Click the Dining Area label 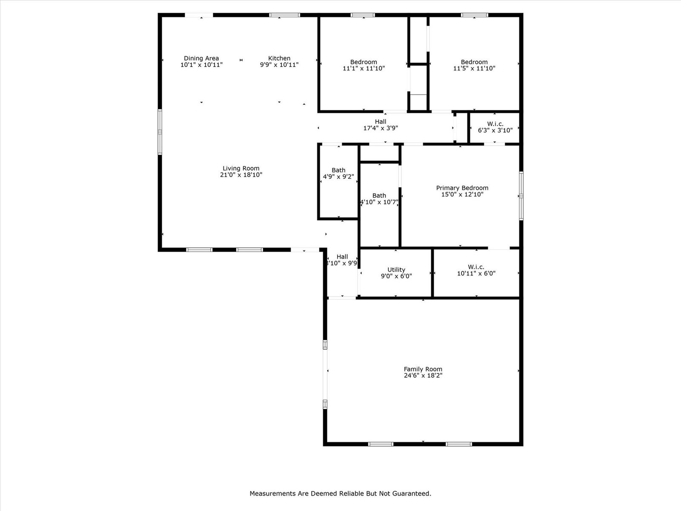pos(201,58)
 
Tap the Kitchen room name pos(279,58)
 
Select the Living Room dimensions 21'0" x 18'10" pos(241,175)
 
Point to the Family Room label pos(423,369)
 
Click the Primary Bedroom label pos(462,188)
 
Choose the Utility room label pos(396,270)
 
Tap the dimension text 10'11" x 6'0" pos(476,273)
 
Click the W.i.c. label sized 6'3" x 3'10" pos(495,124)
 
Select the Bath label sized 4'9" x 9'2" pos(338,170)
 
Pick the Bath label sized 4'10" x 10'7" pos(379,196)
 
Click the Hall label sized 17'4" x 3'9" pos(381,122)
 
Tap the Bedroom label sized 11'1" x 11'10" pos(363,62)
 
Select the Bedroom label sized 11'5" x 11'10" pos(474,62)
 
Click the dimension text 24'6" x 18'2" pos(423,376)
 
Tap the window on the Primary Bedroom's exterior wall pos(521,196)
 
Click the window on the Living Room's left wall pos(160,132)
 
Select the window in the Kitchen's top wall pos(284,15)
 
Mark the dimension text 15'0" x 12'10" pos(462,195)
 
